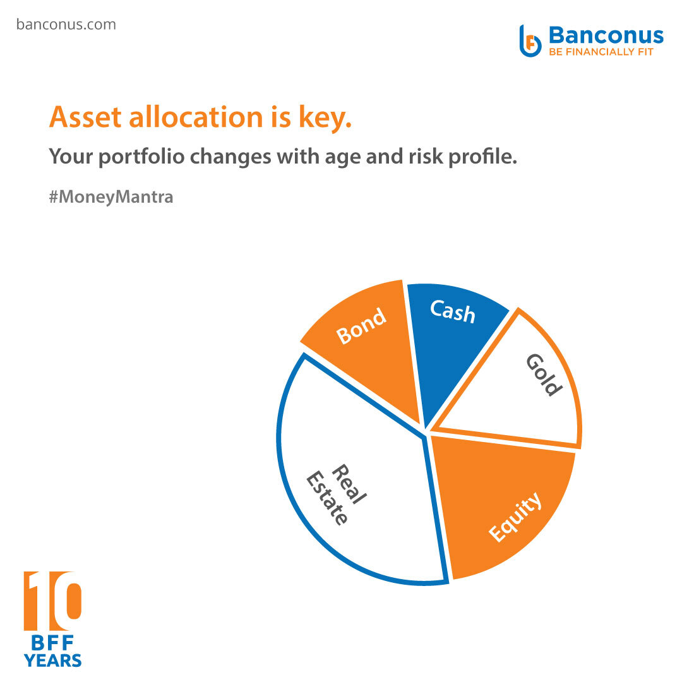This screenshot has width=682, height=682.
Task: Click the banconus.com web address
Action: click(x=66, y=25)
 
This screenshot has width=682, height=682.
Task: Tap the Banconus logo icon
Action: click(x=530, y=41)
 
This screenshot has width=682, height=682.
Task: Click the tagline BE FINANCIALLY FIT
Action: click(x=601, y=52)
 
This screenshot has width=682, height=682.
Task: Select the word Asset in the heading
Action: click(x=85, y=117)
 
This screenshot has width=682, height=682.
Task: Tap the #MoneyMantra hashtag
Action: click(x=111, y=197)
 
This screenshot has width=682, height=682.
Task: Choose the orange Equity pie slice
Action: click(x=500, y=500)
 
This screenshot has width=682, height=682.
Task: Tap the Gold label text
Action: click(x=544, y=375)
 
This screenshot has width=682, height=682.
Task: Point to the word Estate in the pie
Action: click(x=327, y=498)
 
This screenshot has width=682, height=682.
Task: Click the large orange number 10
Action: click(x=52, y=601)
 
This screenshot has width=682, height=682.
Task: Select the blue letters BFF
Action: click(x=52, y=643)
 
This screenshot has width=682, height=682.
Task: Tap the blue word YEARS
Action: click(x=52, y=661)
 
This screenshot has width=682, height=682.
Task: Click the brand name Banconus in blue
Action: click(x=606, y=35)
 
